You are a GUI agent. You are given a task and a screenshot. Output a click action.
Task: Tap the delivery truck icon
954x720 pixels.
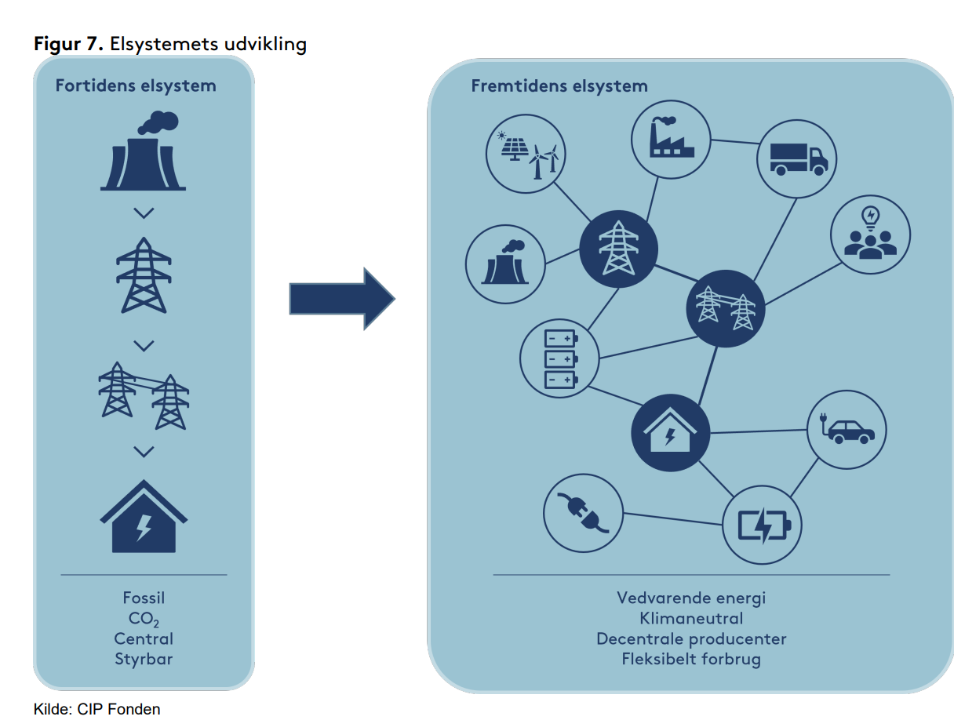[796, 159]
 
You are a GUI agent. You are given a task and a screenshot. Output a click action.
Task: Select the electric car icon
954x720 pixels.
[847, 431]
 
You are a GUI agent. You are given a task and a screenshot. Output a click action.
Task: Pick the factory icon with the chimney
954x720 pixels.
[671, 139]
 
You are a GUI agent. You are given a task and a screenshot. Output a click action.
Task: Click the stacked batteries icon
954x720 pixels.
[559, 359]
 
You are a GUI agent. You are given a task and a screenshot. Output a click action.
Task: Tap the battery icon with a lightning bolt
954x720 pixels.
[762, 525]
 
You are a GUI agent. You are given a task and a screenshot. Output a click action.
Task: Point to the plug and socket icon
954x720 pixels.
[583, 513]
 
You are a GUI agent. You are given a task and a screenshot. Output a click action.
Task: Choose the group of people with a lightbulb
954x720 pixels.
[870, 234]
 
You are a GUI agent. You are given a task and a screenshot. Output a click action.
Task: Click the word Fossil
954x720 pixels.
[144, 598]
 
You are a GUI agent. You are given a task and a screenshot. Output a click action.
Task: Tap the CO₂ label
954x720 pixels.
[144, 619]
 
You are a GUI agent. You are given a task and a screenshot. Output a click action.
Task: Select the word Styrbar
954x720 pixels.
[144, 659]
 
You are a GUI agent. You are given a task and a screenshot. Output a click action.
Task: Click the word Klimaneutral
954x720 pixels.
[691, 618]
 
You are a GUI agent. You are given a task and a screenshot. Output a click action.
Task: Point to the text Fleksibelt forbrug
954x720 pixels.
[691, 659]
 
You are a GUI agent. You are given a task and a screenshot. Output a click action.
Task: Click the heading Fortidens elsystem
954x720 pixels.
[136, 85]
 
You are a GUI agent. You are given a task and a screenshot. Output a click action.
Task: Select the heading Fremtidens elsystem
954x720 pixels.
[559, 85]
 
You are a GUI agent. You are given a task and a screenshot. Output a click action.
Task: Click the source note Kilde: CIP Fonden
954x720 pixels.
[96, 709]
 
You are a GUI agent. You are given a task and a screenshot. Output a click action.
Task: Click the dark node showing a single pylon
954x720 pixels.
[618, 249]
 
